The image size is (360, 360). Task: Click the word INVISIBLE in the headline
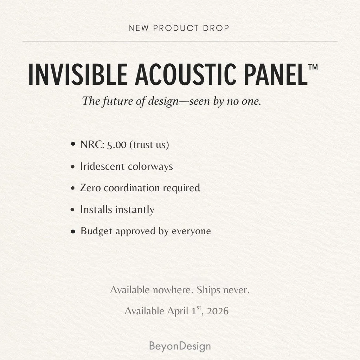[x=78, y=74]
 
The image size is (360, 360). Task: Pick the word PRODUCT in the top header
[x=173, y=28]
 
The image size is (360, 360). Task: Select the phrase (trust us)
[x=149, y=144]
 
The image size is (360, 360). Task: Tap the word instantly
[x=136, y=210]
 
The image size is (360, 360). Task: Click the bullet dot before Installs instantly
[x=73, y=210]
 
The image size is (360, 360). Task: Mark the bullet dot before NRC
[x=73, y=144]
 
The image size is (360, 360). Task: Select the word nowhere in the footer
[x=173, y=290]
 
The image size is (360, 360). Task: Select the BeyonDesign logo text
[x=180, y=346]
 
